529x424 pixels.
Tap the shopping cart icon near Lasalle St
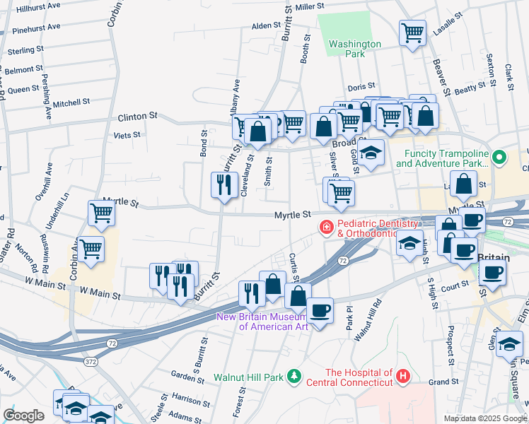click(x=412, y=32)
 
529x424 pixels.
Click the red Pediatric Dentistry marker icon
click(x=327, y=228)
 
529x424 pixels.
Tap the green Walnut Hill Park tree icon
click(x=295, y=376)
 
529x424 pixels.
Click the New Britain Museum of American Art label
click(x=272, y=321)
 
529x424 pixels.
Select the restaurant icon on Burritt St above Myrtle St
click(x=223, y=185)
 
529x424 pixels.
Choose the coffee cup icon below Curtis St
click(x=320, y=310)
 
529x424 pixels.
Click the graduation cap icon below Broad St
click(x=371, y=153)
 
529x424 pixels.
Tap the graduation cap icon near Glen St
click(x=508, y=343)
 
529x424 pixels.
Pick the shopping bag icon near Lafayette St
click(x=463, y=186)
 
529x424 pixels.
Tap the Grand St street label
click(x=444, y=382)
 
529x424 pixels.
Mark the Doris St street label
click(x=361, y=87)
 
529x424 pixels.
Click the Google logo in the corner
click(x=23, y=416)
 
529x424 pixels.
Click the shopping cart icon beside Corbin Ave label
click(x=91, y=249)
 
